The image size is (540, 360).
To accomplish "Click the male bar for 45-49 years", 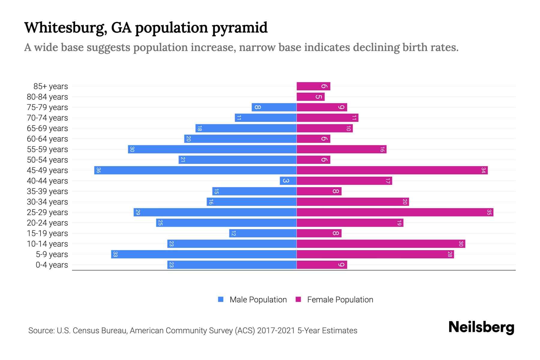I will click(195, 170).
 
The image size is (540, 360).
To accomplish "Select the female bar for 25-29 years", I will click(395, 212).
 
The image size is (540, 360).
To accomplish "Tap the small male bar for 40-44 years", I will click(288, 181).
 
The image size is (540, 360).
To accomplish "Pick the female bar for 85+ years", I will click(313, 86).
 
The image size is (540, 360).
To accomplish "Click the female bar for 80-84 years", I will click(310, 97).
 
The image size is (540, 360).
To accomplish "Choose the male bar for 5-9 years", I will click(204, 254).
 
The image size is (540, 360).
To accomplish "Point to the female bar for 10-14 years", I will click(381, 244).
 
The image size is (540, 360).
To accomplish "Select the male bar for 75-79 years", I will click(274, 107).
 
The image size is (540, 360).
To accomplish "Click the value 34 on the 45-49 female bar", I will click(483, 170).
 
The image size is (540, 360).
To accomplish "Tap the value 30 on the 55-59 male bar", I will click(132, 149).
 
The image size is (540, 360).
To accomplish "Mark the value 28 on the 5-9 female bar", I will click(449, 254).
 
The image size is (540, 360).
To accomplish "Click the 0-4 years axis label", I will click(52, 265).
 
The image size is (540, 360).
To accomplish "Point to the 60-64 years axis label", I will click(47, 139).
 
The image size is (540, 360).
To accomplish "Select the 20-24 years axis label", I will click(47, 223).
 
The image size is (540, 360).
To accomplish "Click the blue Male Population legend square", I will click(221, 299).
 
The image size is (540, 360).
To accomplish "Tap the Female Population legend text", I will click(340, 299).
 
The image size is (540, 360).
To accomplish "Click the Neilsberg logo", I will click(481, 327).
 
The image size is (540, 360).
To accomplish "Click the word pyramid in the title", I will click(239, 28).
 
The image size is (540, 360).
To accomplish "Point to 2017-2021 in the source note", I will click(276, 331).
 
